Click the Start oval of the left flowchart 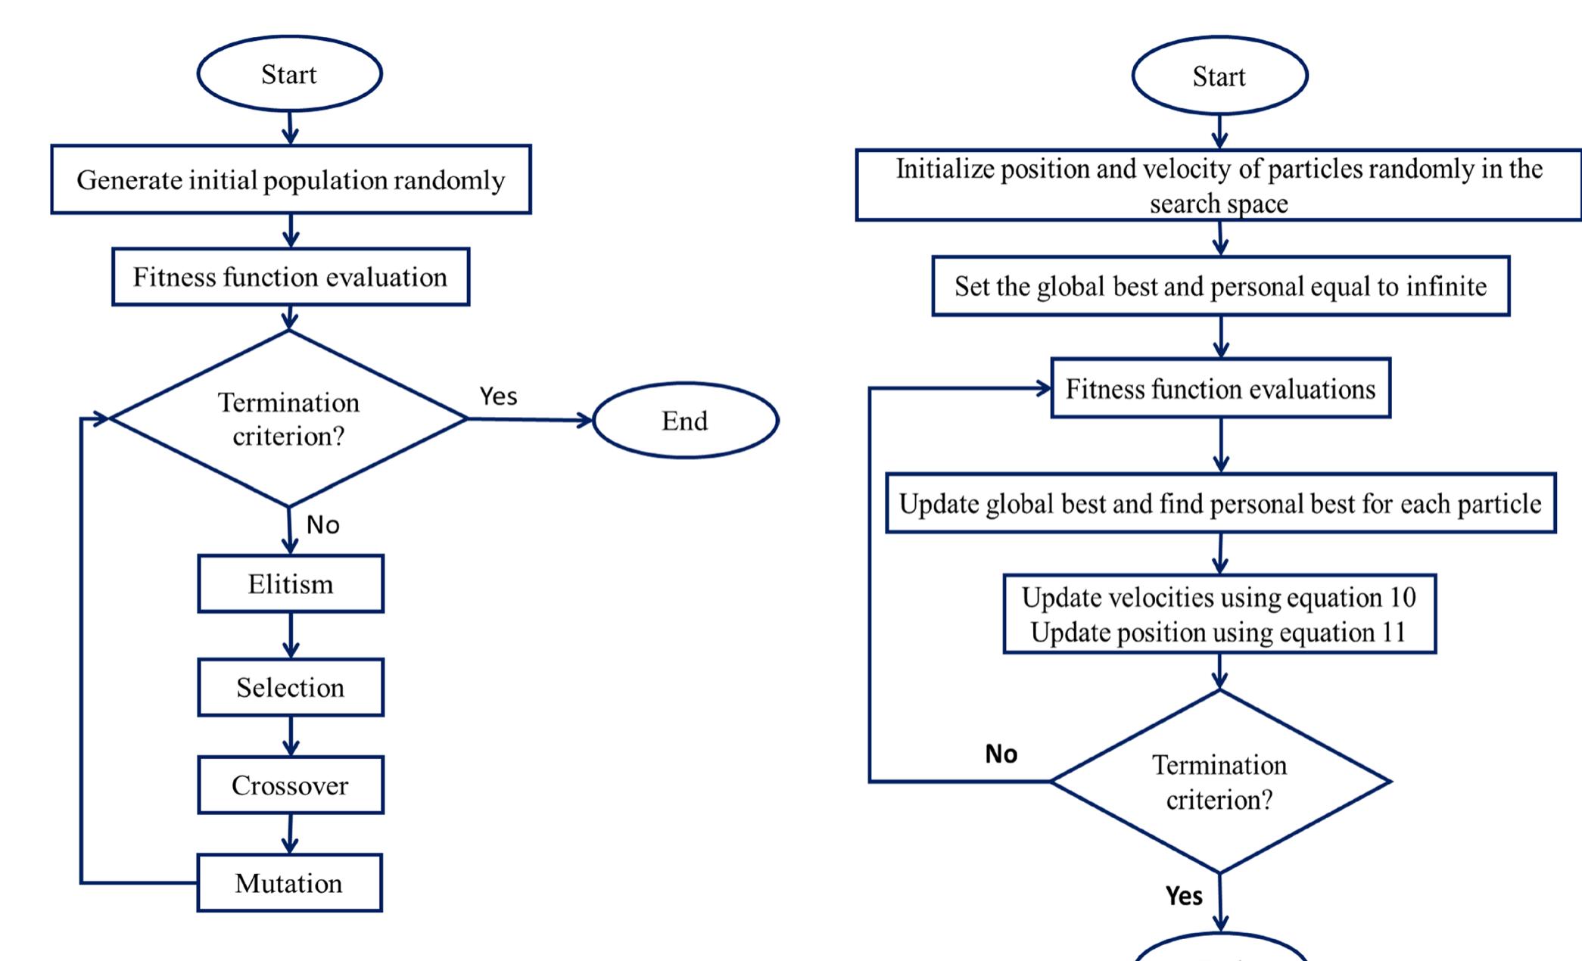coord(289,74)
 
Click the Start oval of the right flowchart coord(1219,76)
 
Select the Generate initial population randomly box coord(291,180)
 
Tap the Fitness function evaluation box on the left coord(291,277)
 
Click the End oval coord(685,421)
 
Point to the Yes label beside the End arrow coord(498,396)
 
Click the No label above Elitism coord(322,524)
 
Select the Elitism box coord(291,584)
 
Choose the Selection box coord(291,687)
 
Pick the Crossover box coord(291,785)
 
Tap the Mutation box coord(289,883)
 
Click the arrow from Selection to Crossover coord(291,736)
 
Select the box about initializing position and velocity coord(1219,185)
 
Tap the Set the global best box coord(1220,286)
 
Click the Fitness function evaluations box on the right coord(1220,389)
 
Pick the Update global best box coord(1220,504)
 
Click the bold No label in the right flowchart coord(1001,754)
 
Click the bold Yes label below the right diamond coord(1184,896)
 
